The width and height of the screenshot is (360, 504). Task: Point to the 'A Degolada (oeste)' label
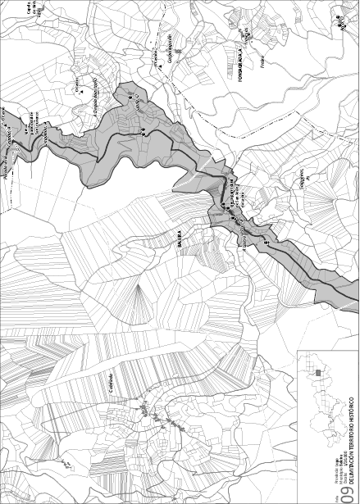(97, 91)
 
